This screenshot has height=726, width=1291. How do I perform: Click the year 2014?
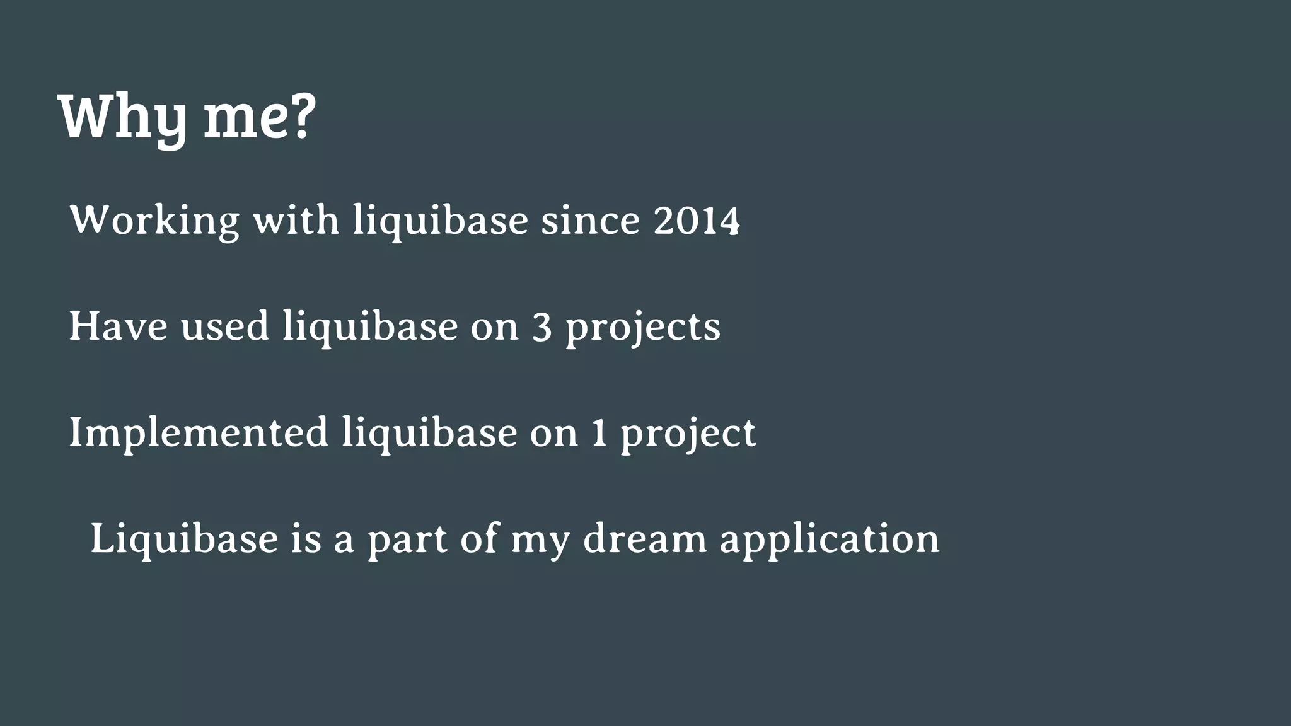click(x=696, y=221)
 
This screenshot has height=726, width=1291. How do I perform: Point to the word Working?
click(x=154, y=221)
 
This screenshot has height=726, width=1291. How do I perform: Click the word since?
click(x=590, y=221)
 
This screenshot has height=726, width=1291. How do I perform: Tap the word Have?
click(x=119, y=326)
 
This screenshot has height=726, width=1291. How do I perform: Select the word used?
click(x=225, y=326)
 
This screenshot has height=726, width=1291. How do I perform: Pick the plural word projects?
click(x=642, y=329)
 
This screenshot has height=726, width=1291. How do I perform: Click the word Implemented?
click(x=199, y=434)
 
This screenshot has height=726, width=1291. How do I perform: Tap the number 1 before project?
click(x=599, y=434)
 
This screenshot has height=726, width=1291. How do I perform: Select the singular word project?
click(x=688, y=435)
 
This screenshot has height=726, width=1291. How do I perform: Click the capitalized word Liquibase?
click(x=184, y=539)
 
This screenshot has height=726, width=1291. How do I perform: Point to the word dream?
click(x=645, y=539)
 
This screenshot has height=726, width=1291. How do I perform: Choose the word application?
click(x=830, y=541)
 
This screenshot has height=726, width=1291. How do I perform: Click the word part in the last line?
click(x=407, y=541)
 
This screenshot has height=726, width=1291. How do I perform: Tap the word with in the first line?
click(x=296, y=221)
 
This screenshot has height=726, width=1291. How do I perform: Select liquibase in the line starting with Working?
click(x=440, y=222)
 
